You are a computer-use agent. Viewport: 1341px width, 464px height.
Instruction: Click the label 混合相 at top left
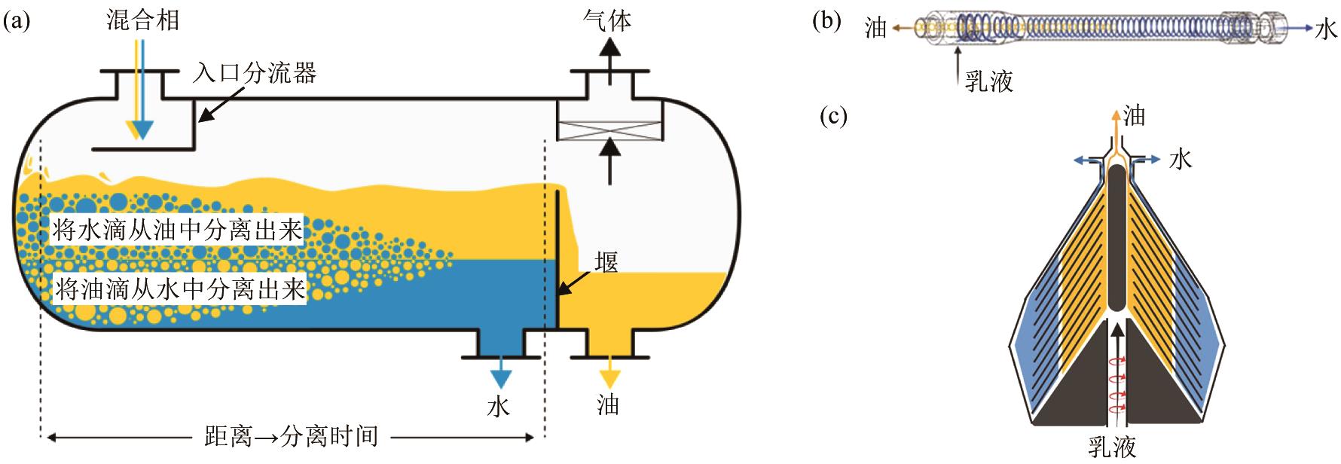tap(143, 19)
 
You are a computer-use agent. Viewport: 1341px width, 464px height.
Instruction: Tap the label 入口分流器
tap(254, 73)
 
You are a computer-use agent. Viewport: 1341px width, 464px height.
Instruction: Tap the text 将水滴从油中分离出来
tap(177, 230)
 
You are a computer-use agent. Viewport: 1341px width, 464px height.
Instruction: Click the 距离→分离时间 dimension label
tap(291, 436)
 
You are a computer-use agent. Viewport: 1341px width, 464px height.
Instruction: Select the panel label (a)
tap(16, 20)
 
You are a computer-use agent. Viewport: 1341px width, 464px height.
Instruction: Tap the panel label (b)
tap(826, 20)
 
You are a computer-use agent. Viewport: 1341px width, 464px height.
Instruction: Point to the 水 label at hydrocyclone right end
tap(1326, 29)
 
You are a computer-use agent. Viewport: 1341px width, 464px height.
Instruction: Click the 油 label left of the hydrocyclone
tap(875, 29)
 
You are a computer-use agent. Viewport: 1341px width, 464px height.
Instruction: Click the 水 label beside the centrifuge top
tap(1181, 159)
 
